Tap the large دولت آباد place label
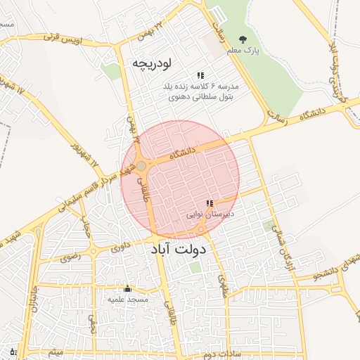(x=179, y=249)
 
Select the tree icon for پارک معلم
(x=243, y=40)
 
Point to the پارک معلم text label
(x=243, y=51)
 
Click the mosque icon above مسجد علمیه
(x=127, y=288)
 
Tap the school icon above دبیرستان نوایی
(x=209, y=203)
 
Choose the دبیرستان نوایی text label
(x=210, y=212)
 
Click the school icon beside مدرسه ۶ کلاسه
(x=200, y=75)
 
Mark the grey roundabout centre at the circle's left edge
(x=141, y=165)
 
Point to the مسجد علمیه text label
(x=127, y=299)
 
